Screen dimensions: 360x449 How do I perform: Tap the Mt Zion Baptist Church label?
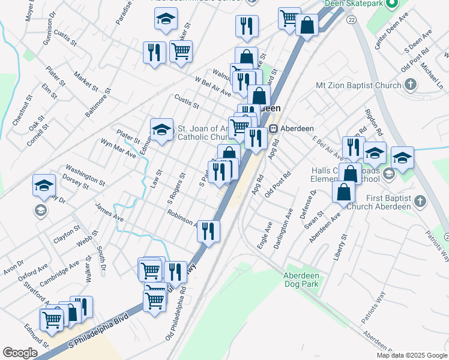click(358, 85)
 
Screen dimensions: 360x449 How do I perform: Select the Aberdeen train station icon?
click(273, 128)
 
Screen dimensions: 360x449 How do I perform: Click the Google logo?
click(20, 353)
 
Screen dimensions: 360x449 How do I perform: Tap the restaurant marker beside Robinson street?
click(208, 230)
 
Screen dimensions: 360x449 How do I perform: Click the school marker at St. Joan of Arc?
click(161, 129)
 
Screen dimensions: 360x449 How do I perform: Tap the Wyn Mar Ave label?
click(118, 149)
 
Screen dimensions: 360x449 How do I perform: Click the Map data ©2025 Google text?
click(411, 355)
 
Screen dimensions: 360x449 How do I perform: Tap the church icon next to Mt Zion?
click(411, 85)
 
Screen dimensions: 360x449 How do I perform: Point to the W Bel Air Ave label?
click(213, 86)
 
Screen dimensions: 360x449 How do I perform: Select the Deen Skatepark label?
click(354, 4)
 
